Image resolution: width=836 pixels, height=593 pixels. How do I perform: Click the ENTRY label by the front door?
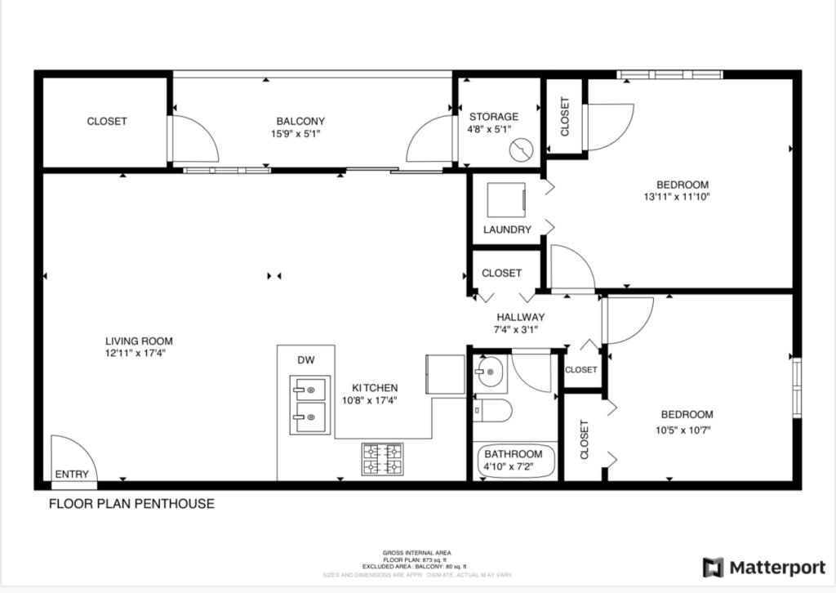click(71, 475)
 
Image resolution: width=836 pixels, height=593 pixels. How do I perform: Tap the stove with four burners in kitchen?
click(382, 459)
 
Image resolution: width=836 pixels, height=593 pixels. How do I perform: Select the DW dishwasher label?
click(305, 360)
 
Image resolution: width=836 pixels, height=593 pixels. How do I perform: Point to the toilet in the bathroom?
click(492, 411)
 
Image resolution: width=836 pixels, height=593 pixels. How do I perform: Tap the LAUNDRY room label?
click(507, 230)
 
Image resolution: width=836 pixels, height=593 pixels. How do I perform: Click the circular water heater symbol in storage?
click(519, 150)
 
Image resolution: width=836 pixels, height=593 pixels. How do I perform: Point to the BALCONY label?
click(300, 121)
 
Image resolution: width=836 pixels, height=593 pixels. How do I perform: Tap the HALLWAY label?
click(520, 317)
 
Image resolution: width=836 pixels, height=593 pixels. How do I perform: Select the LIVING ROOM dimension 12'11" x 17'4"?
click(139, 354)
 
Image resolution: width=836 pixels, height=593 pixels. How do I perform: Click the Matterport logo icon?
click(714, 567)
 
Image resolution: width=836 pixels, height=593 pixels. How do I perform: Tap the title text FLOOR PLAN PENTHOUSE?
click(131, 504)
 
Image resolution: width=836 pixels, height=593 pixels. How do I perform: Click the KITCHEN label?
click(375, 388)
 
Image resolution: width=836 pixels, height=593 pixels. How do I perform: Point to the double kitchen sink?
click(310, 406)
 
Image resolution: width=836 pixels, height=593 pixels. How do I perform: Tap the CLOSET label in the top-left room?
click(107, 122)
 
